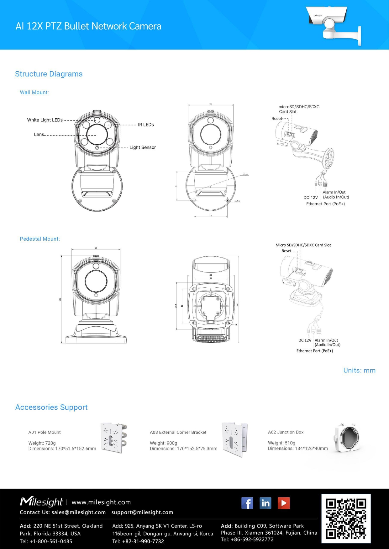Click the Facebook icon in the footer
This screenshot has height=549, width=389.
point(247,503)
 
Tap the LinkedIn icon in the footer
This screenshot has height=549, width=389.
point(265,503)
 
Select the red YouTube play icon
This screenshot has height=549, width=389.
point(284,503)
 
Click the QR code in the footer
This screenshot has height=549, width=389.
point(346,518)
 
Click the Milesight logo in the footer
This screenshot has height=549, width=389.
point(41,502)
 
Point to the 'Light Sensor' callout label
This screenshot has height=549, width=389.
point(143,147)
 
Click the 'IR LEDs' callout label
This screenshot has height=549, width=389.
point(146,125)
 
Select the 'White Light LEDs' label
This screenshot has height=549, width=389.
point(45,120)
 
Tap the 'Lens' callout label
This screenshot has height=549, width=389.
point(39,134)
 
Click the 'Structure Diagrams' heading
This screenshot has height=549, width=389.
point(49,74)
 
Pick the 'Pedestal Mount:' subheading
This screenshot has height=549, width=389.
point(40,239)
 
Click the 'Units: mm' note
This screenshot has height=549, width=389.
point(359,370)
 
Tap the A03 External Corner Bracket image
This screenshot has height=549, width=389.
point(234,439)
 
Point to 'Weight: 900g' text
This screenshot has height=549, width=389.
point(163,443)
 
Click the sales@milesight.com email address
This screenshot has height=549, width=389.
point(78,512)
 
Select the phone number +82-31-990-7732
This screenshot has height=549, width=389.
point(143,541)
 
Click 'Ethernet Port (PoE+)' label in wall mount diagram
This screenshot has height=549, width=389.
point(325,204)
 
